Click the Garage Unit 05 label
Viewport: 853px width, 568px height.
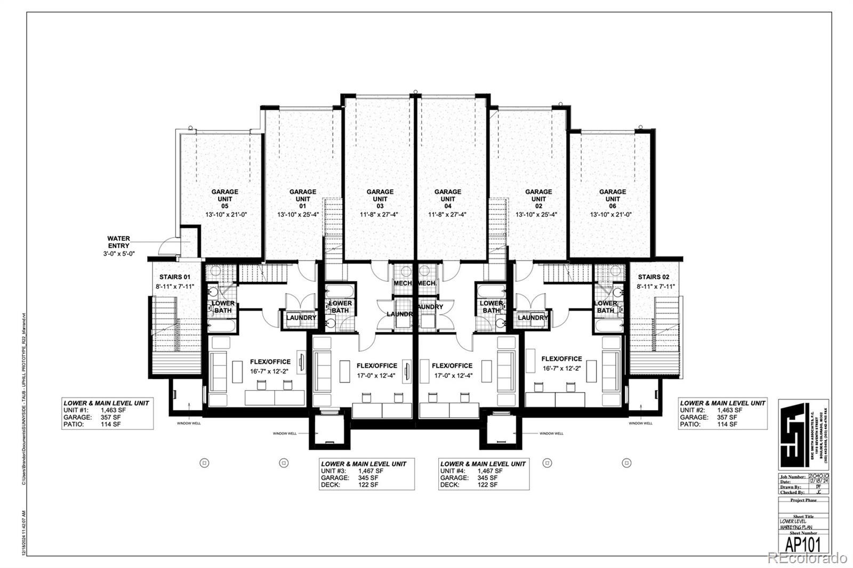pyautogui.click(x=225, y=199)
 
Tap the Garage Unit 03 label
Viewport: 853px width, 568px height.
pyautogui.click(x=380, y=199)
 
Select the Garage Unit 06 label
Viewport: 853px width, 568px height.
pyautogui.click(x=612, y=199)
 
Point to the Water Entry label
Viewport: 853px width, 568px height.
pyautogui.click(x=118, y=242)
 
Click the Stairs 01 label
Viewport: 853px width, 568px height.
pyautogui.click(x=175, y=277)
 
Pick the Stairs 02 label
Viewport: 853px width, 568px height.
pyautogui.click(x=654, y=277)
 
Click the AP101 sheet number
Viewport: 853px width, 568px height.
pyautogui.click(x=803, y=545)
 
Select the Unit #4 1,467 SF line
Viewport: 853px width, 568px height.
pyautogui.click(x=471, y=471)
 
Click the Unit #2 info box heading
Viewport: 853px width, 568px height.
pyautogui.click(x=722, y=403)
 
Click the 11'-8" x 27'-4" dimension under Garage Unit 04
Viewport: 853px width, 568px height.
pyautogui.click(x=448, y=215)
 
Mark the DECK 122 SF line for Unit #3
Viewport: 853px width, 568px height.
pyautogui.click(x=350, y=485)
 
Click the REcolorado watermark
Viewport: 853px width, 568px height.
pyautogui.click(x=807, y=558)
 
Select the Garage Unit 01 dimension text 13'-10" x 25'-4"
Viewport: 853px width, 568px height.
pyautogui.click(x=302, y=215)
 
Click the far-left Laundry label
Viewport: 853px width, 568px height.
pyautogui.click(x=301, y=318)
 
